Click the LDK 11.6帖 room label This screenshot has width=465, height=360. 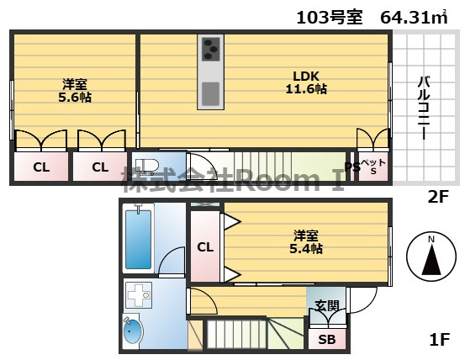[x=306, y=82]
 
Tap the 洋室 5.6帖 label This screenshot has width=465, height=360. [x=75, y=91]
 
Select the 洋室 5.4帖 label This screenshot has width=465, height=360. [x=306, y=242]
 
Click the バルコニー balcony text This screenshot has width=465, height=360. [x=424, y=108]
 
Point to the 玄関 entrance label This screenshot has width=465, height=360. [x=327, y=305]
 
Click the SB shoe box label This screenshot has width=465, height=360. [x=327, y=340]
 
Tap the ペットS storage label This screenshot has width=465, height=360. [x=373, y=167]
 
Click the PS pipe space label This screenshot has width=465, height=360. [x=352, y=167]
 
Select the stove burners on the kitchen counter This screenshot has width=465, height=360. [x=211, y=49]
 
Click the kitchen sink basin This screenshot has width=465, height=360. [x=210, y=94]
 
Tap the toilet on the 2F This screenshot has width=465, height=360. [x=147, y=166]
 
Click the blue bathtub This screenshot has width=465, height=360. [x=138, y=239]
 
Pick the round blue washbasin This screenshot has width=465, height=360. [x=133, y=330]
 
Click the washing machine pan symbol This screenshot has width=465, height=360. [x=139, y=294]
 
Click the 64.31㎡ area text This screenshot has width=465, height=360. [x=414, y=17]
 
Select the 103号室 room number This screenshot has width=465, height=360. [x=329, y=17]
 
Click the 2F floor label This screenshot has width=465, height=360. [x=438, y=197]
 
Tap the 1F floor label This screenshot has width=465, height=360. [x=440, y=339]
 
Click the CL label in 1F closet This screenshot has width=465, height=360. [x=205, y=246]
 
